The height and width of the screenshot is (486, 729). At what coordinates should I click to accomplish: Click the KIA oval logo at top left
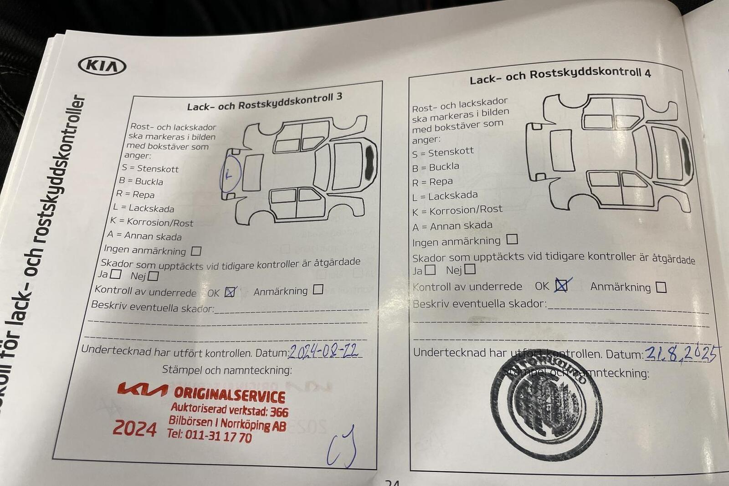click(x=102, y=66)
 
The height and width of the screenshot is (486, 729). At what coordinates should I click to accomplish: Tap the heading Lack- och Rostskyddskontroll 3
click(x=264, y=101)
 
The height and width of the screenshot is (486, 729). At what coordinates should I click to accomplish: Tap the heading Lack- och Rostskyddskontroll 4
click(x=560, y=76)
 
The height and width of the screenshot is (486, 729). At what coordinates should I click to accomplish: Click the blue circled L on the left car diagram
click(x=230, y=174)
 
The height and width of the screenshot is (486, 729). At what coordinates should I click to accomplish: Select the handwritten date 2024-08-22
click(x=323, y=351)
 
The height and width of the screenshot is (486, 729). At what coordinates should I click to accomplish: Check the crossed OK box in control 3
click(x=231, y=292)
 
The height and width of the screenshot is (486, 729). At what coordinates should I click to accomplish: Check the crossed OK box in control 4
click(x=562, y=286)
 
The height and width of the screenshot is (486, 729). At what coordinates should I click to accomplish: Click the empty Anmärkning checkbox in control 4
click(x=661, y=287)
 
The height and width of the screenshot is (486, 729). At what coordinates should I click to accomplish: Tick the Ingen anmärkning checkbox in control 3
click(x=196, y=251)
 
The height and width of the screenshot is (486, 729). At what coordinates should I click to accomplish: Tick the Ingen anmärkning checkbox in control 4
click(x=512, y=239)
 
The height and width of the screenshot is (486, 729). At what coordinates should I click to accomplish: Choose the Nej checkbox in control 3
click(x=153, y=276)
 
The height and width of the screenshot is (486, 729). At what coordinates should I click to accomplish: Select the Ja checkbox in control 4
click(x=430, y=270)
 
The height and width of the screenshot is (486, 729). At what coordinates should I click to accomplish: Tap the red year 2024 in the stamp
click(x=134, y=429)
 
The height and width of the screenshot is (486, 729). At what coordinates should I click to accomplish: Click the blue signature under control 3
click(x=342, y=447)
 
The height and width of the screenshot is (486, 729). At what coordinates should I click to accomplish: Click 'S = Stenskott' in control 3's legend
click(x=150, y=169)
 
